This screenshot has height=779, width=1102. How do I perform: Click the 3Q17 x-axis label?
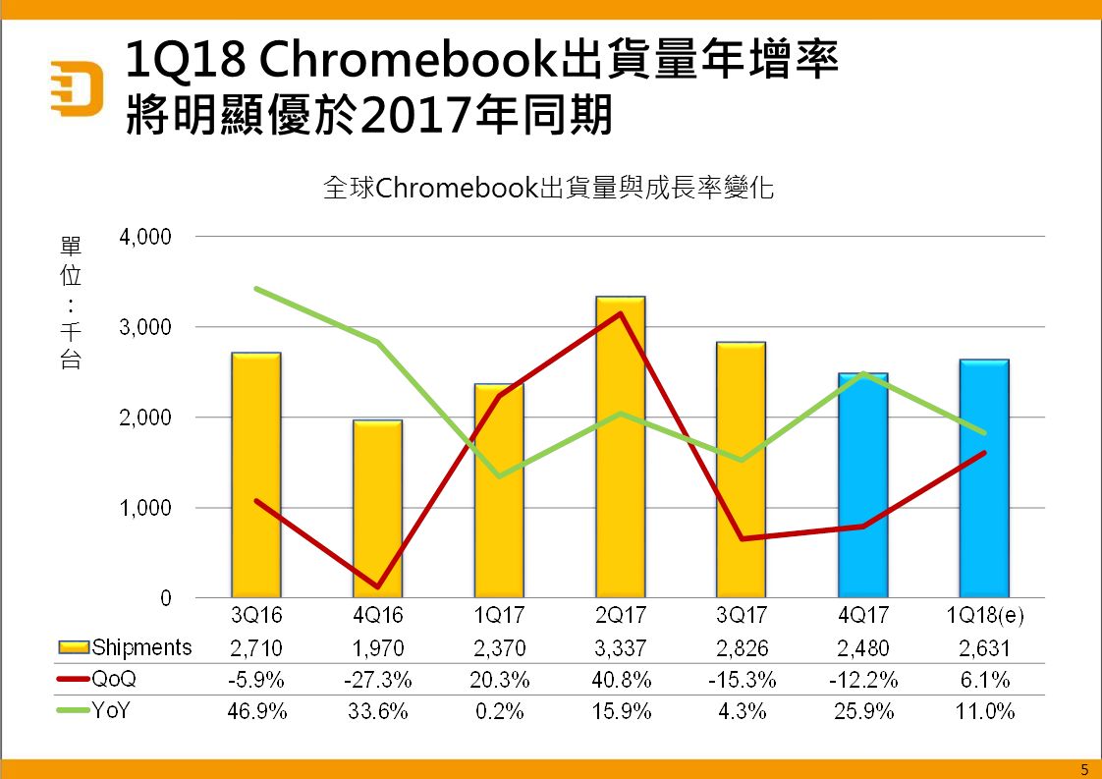[742, 616]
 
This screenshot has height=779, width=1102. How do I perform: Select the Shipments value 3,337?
[621, 647]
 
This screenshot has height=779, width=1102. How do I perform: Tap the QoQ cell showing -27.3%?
[378, 680]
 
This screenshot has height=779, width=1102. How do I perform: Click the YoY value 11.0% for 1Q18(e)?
[984, 711]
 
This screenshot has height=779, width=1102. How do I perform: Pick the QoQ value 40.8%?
[621, 680]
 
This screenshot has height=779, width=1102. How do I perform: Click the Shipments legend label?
[141, 647]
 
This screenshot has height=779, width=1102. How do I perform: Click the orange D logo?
[78, 88]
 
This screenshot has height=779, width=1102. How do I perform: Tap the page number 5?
[1084, 768]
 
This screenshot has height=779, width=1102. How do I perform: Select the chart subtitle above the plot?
[549, 188]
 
